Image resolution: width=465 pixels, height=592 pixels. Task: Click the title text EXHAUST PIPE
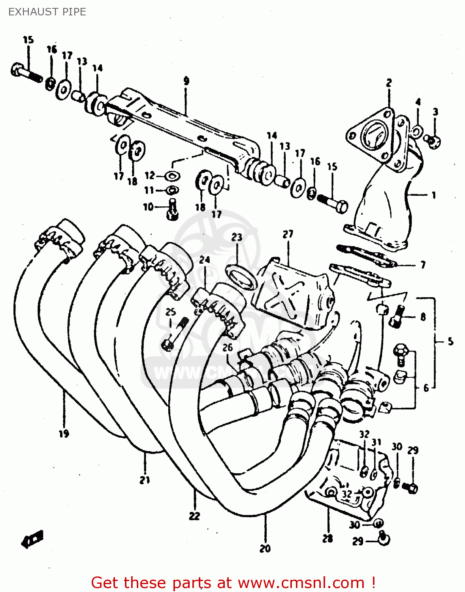47,12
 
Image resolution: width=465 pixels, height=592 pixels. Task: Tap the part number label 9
186,81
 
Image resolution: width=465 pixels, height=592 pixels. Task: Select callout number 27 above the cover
288,234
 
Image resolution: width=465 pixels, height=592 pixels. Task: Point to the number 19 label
64,433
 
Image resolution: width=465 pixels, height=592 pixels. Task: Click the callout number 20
265,548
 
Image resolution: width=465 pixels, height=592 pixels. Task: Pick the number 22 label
194,515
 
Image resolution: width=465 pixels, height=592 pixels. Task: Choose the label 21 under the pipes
145,480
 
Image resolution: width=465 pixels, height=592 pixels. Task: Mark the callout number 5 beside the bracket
450,341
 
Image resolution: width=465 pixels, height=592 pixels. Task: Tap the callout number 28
328,538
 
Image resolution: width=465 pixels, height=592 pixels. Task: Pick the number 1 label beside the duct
433,195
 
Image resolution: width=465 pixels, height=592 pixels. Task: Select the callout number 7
423,264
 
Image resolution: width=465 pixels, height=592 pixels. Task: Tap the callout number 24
204,260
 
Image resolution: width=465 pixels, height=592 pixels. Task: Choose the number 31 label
376,442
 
